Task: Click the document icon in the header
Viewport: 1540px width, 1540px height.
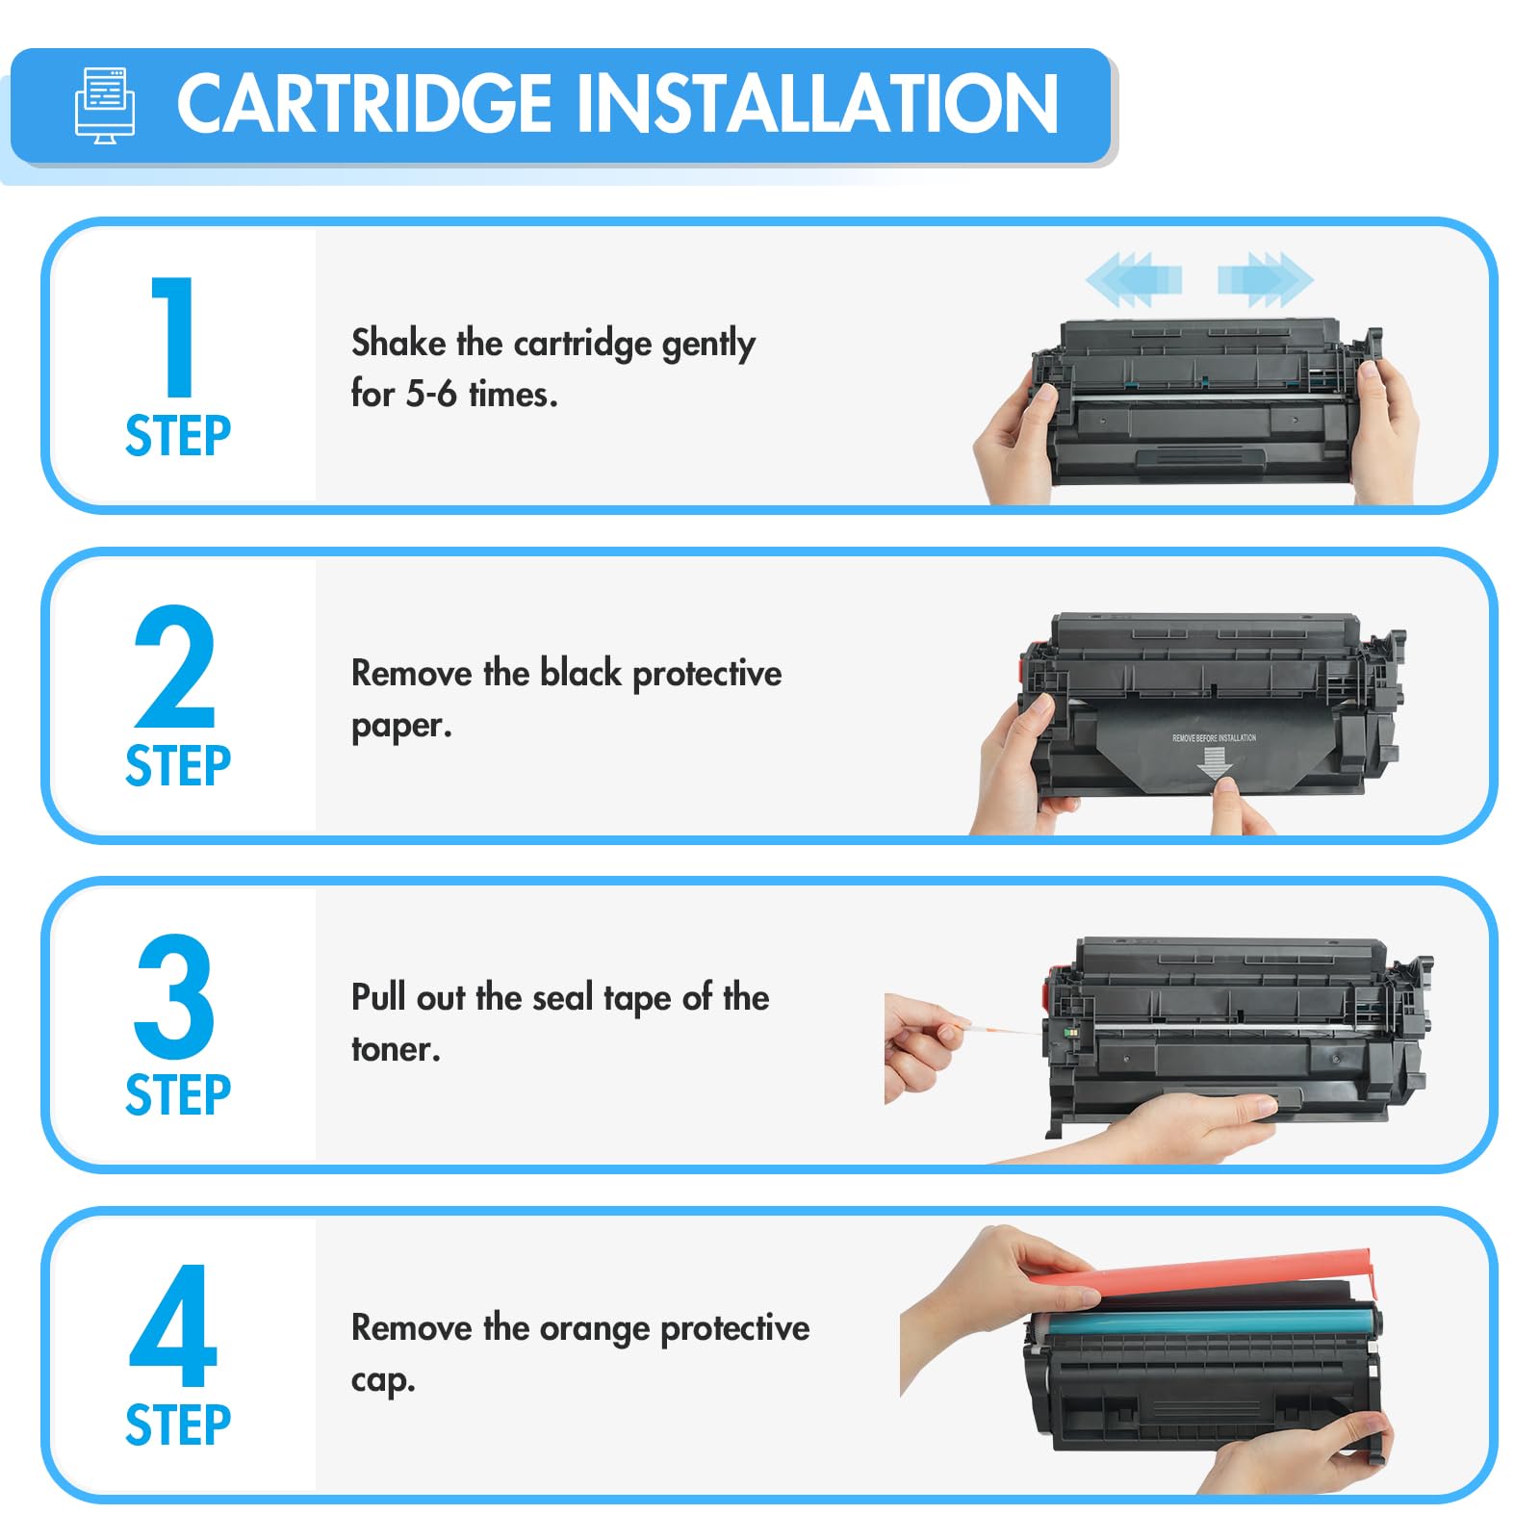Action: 105,106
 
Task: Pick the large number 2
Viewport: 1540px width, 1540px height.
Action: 174,666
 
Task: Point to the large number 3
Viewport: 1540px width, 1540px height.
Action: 174,995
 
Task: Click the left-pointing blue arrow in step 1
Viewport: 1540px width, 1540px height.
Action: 1134,279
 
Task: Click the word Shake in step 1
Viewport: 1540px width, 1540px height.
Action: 398,343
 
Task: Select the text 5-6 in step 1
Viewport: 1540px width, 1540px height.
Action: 431,394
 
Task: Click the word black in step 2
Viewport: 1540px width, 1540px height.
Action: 580,673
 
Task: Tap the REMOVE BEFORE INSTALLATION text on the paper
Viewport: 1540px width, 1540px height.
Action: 1214,738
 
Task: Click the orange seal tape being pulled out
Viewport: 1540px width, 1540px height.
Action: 1001,1028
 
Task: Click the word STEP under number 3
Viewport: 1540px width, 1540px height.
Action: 178,1095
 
